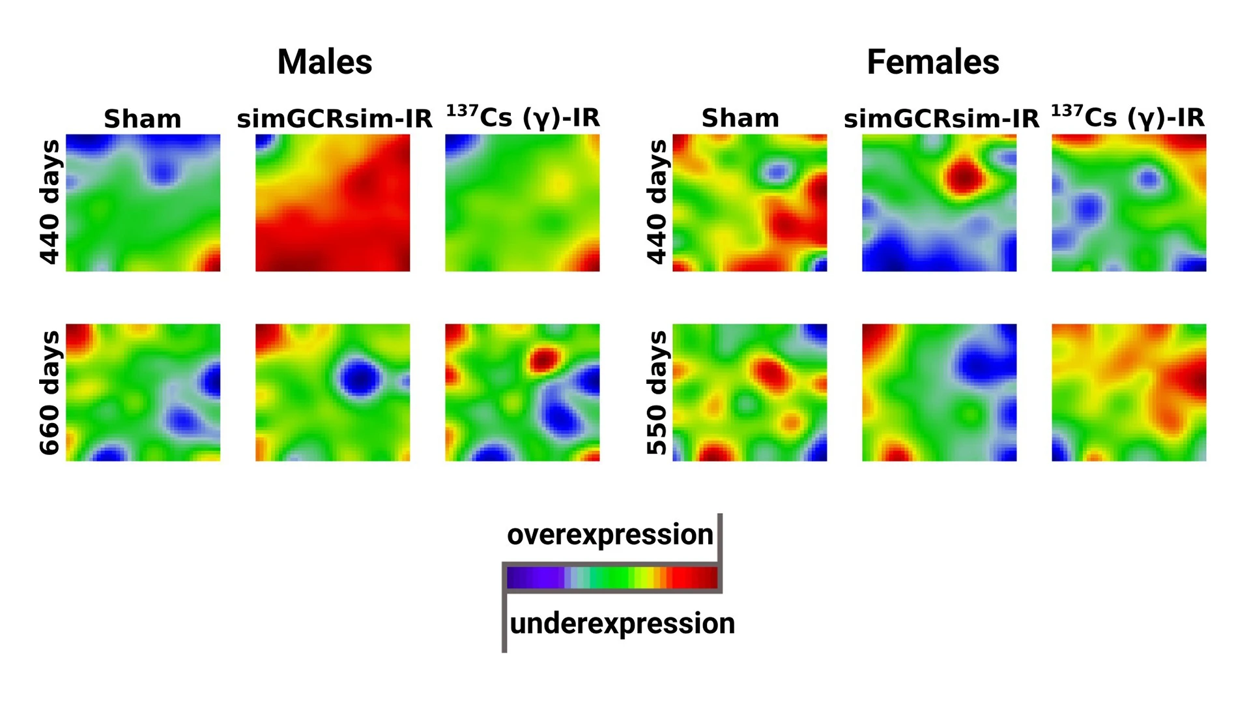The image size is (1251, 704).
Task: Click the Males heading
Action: pyautogui.click(x=324, y=63)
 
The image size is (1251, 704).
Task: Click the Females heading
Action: pyautogui.click(x=932, y=63)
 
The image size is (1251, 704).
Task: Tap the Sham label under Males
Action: pyautogui.click(x=142, y=119)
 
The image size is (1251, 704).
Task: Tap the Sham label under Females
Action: pyautogui.click(x=740, y=119)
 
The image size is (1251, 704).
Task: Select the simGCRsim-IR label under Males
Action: pyautogui.click(x=334, y=119)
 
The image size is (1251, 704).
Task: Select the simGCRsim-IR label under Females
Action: pyautogui.click(x=942, y=119)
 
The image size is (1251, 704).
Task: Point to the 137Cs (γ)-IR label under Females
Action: pyautogui.click(x=1128, y=117)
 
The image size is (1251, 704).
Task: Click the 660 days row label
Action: pyautogui.click(x=50, y=392)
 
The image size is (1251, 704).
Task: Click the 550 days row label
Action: pyautogui.click(x=657, y=392)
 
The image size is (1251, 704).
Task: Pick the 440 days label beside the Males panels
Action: pyautogui.click(x=50, y=202)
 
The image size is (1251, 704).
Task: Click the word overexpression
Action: pyautogui.click(x=610, y=535)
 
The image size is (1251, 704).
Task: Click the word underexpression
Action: pyautogui.click(x=622, y=623)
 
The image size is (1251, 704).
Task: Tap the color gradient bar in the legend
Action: pyautogui.click(x=612, y=578)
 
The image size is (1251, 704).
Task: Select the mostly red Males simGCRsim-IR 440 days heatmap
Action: pyautogui.click(x=332, y=203)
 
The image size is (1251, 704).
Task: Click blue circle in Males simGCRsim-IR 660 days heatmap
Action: pyautogui.click(x=359, y=378)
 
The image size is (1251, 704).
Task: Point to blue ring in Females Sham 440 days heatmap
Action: pyautogui.click(x=776, y=172)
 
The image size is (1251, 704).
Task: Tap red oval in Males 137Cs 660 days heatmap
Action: pyautogui.click(x=543, y=359)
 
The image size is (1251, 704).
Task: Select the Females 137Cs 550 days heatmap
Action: pyautogui.click(x=1129, y=392)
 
